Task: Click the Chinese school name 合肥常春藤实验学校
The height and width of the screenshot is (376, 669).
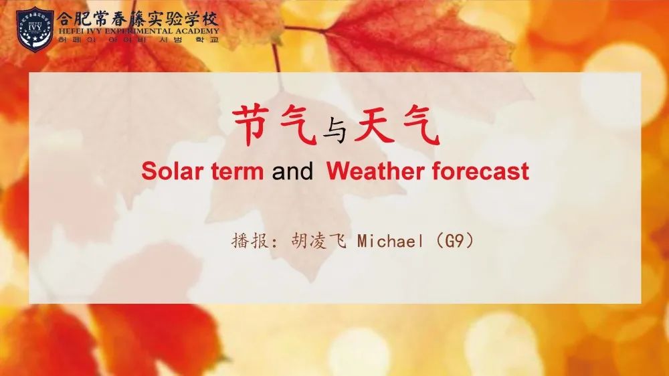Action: point(138,18)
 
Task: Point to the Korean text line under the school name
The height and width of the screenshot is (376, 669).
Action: point(138,39)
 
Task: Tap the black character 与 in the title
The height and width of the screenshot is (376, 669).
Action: point(335,130)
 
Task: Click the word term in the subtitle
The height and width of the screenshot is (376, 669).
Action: point(237,171)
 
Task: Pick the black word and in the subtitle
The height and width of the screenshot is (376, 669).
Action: point(292,171)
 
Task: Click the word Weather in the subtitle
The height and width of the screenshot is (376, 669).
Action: point(375,171)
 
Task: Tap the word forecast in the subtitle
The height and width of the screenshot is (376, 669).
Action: point(480,171)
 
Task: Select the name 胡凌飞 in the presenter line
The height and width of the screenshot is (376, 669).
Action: point(318,241)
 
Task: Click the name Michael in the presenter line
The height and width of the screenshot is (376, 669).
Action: point(391,242)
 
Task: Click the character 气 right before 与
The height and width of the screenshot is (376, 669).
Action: point(298,126)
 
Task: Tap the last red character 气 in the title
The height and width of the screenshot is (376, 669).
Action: point(421,126)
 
